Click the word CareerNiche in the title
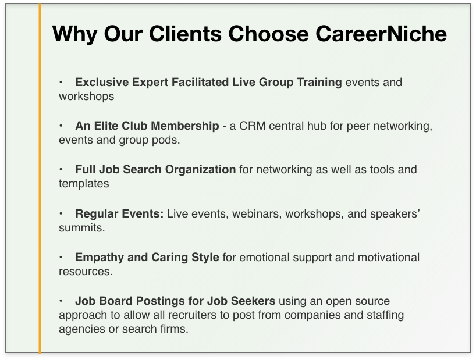[381, 33]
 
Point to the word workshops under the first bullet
[87, 97]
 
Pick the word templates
[84, 184]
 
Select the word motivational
[389, 258]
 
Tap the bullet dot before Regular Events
[61, 213]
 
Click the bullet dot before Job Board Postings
[61, 301]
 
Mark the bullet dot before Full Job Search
[61, 170]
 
